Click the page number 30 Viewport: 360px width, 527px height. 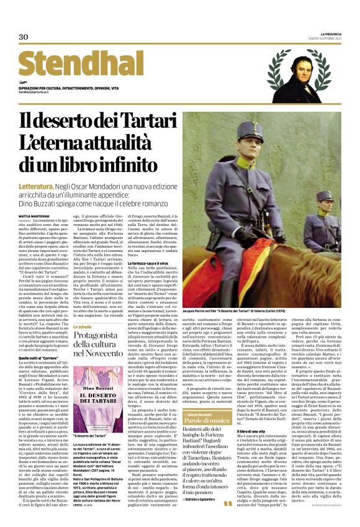(x=24, y=37)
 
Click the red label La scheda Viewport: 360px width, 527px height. (x=83, y=326)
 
